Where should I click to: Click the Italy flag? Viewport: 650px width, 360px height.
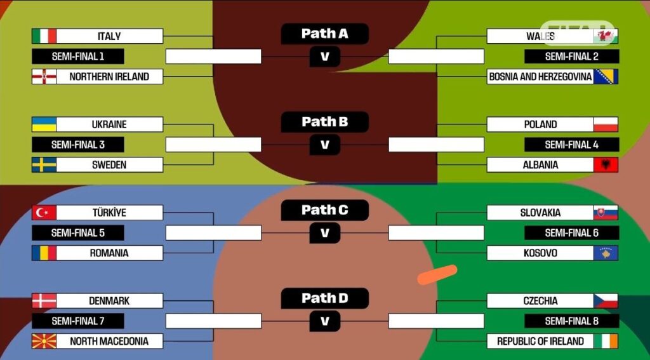44,36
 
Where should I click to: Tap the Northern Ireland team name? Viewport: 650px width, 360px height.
109,77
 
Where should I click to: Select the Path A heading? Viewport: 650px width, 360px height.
324,34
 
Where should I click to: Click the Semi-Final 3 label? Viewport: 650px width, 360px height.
78,145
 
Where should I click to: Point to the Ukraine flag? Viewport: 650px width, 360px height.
44,124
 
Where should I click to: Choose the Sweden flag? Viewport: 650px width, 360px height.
44,165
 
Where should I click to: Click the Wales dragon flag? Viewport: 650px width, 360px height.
606,36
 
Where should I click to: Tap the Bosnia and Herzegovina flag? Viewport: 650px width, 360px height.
606,77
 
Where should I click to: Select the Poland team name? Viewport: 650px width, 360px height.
540,124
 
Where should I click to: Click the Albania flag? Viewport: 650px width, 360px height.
606,165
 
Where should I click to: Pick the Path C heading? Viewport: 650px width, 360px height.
324,210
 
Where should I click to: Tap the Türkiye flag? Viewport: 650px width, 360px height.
44,213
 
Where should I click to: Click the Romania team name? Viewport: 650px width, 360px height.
109,253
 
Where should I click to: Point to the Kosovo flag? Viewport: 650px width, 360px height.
606,253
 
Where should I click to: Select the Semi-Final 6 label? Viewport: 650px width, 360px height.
571,233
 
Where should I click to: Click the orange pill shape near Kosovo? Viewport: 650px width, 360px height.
437,274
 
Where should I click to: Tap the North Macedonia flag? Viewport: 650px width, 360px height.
44,341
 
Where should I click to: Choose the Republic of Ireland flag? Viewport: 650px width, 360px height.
606,341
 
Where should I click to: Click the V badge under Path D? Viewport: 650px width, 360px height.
324,321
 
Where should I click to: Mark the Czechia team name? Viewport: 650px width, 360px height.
540,301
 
